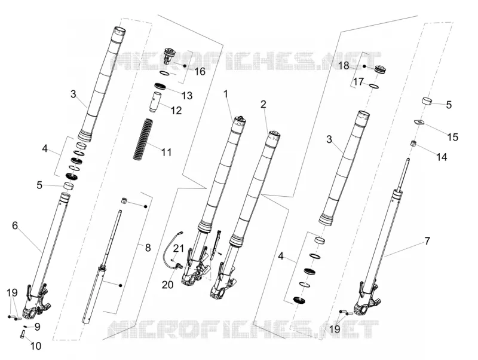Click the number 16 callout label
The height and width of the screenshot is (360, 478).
pyautogui.click(x=200, y=72)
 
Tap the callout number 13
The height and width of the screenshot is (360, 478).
pyautogui.click(x=187, y=96)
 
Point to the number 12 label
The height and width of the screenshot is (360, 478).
pyautogui.click(x=176, y=110)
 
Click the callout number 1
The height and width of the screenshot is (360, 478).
pyautogui.click(x=226, y=94)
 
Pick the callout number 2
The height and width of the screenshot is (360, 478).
pyautogui.click(x=263, y=104)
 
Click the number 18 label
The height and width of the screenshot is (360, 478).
pyautogui.click(x=344, y=65)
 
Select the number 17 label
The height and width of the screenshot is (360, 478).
pyautogui.click(x=358, y=82)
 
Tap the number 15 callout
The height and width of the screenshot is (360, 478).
pyautogui.click(x=453, y=137)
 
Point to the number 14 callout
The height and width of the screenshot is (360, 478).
pyautogui.click(x=442, y=157)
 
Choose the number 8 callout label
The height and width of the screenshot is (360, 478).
pyautogui.click(x=148, y=248)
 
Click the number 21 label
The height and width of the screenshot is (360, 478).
pyautogui.click(x=178, y=249)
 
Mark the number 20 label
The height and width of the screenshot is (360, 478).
pyautogui.click(x=168, y=285)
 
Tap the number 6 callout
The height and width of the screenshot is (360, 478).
pyautogui.click(x=15, y=225)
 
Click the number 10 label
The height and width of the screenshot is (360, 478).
pyautogui.click(x=36, y=346)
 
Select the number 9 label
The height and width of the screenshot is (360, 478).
pyautogui.click(x=37, y=327)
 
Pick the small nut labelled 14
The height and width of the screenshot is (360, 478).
pyautogui.click(x=413, y=144)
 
